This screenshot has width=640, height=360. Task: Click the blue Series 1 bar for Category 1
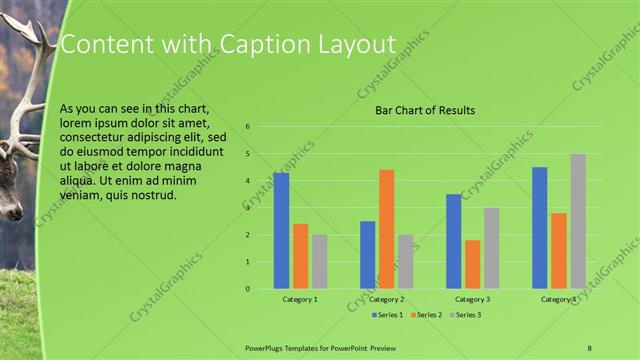[281, 231]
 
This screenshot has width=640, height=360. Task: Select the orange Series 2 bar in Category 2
[387, 229]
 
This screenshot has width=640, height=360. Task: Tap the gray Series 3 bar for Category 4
[578, 221]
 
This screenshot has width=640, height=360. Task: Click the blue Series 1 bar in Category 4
[540, 228]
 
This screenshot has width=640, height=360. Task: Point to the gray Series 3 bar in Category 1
[319, 262]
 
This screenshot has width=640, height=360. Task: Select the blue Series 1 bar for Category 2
[368, 255]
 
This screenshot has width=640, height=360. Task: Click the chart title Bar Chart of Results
[425, 110]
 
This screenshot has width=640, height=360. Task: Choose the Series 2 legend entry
[427, 315]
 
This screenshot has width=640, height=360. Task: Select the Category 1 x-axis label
[300, 299]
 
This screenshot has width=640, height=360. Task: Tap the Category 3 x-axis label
[473, 299]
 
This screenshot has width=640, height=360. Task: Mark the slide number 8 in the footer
[589, 346]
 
